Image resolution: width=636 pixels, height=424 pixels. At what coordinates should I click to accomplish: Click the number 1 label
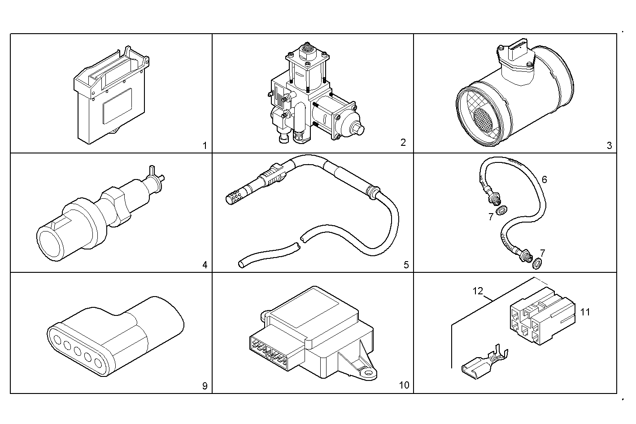pyautogui.click(x=205, y=145)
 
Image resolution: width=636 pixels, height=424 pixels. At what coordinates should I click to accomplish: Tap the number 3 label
pyautogui.click(x=609, y=145)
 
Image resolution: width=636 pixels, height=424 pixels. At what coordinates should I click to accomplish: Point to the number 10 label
pyautogui.click(x=404, y=385)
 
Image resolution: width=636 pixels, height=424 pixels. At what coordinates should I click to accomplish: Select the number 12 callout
pyautogui.click(x=478, y=291)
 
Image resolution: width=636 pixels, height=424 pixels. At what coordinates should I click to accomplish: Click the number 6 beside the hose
pyautogui.click(x=544, y=179)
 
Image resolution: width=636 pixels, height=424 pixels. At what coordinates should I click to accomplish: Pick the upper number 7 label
pyautogui.click(x=491, y=217)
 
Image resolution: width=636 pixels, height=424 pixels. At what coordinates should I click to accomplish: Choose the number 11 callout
pyautogui.click(x=585, y=311)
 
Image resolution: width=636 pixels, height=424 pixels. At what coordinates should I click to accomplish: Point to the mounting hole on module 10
pyautogui.click(x=369, y=372)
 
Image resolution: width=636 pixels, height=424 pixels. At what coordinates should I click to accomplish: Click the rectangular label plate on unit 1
pyautogui.click(x=117, y=106)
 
